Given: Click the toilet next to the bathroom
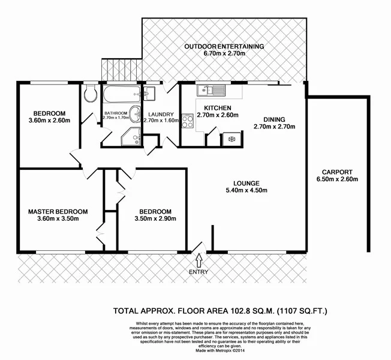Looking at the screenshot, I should [x=91, y=94].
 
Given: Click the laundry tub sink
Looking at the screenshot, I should [x=150, y=94].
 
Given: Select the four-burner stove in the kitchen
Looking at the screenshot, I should [x=187, y=122].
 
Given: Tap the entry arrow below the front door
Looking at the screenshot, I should [x=199, y=260].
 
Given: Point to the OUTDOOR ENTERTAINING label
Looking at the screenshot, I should [x=224, y=46].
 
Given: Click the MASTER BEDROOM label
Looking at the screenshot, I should [x=58, y=211].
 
